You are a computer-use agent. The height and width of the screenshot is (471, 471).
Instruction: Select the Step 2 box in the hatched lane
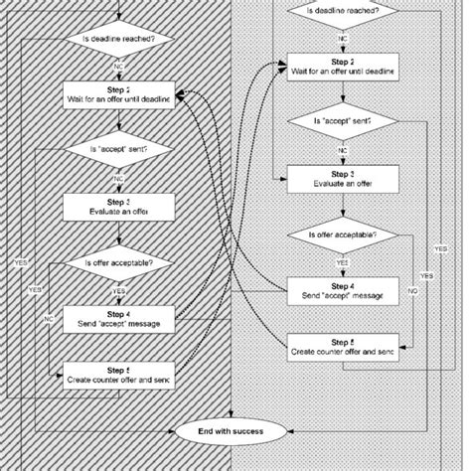(x=118, y=94)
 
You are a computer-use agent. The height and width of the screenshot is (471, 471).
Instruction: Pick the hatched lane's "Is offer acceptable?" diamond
(x=118, y=263)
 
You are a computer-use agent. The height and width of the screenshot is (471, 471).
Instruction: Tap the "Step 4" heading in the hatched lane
(x=118, y=312)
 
